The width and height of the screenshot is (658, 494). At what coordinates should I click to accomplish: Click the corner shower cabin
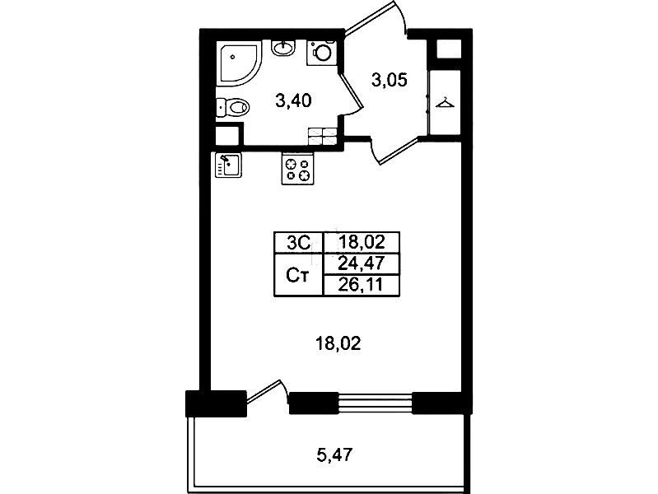click(x=238, y=63)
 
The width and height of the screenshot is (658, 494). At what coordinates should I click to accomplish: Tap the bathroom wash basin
click(x=284, y=48)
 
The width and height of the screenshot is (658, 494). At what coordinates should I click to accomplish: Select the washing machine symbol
click(x=321, y=53)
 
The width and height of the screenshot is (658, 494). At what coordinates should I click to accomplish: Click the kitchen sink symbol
click(x=228, y=165)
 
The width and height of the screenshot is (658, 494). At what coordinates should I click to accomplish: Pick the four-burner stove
click(x=298, y=169)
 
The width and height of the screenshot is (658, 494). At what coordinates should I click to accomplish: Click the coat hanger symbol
click(x=445, y=103)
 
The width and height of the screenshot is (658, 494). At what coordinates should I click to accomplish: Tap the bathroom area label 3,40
click(x=293, y=100)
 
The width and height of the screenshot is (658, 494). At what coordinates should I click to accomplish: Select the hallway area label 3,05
click(x=390, y=79)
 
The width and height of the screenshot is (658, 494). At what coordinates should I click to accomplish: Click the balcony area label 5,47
click(x=335, y=454)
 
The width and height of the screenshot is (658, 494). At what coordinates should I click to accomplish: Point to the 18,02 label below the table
click(x=338, y=344)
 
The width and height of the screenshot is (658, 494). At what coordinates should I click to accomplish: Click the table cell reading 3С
click(x=299, y=243)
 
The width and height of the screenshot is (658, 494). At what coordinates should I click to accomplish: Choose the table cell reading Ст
click(x=299, y=275)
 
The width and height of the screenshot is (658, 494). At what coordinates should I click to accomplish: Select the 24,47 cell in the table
click(x=362, y=264)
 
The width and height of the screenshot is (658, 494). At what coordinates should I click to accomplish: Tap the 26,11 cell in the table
click(x=362, y=286)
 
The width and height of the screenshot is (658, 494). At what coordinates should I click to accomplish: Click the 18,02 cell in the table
click(x=362, y=243)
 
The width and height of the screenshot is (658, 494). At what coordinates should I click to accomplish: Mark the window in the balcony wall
click(x=376, y=403)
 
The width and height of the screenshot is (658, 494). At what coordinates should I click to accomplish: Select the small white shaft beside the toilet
click(x=226, y=136)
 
